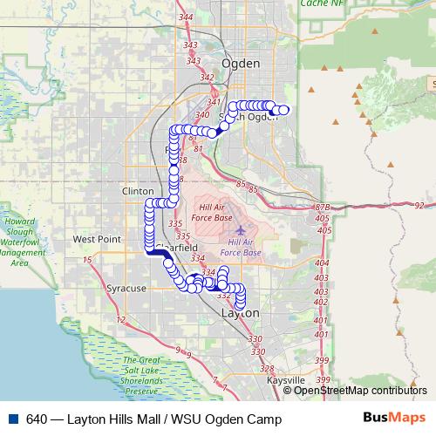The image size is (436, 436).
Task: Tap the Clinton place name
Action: coord(138,189)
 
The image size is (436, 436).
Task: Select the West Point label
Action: coord(97,238)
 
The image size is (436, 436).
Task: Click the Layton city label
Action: coord(241,312)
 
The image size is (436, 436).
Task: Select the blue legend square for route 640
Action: coord(12,419)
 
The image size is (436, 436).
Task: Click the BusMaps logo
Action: coord(388,419)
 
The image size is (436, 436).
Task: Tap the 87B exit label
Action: coord(323,208)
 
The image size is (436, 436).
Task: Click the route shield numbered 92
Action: coord(419,206)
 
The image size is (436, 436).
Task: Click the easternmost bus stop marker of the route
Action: coord(284,110)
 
